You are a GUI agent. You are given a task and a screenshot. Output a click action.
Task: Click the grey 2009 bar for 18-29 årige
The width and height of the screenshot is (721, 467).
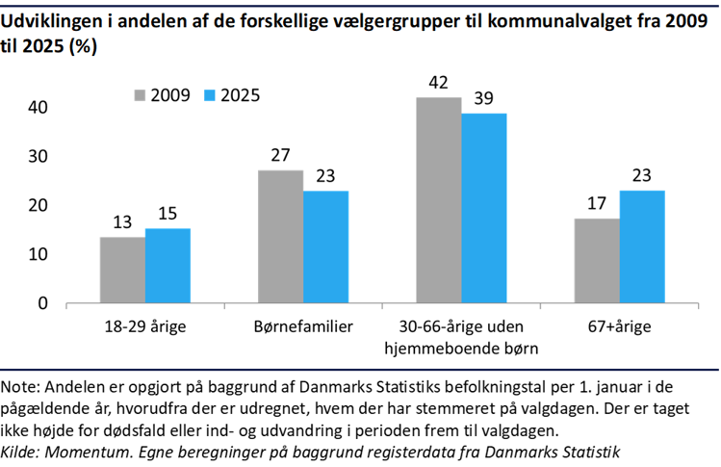pos(122,270)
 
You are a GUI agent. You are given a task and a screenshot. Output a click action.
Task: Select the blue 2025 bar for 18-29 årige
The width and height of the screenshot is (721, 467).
pos(167,266)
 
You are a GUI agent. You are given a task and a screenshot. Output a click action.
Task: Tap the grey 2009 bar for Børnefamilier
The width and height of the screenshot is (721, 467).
pos(280,236)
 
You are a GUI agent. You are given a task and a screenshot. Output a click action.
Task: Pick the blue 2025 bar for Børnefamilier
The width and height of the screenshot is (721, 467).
pos(325,246)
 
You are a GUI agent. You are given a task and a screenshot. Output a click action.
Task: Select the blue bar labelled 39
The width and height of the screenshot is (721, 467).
pos(483,208)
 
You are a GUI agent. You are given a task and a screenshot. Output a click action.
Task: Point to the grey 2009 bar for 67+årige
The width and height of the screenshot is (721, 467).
pos(596,260)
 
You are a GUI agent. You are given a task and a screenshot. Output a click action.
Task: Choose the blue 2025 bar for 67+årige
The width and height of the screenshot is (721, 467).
pos(641,246)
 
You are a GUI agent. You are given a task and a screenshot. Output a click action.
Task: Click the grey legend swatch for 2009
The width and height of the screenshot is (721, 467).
pos(140,95)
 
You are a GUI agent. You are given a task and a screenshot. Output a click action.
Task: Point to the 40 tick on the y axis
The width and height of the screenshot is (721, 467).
pos(37,108)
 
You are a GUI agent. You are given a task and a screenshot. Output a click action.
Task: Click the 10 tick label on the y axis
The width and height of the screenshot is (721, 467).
pos(37,254)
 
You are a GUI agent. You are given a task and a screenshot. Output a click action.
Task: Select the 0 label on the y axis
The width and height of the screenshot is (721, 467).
pos(42,303)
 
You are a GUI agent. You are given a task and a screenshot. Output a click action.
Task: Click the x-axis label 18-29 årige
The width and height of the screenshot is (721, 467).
pos(144,326)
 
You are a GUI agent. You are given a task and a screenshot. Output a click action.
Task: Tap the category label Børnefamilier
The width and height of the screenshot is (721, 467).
pos(303,326)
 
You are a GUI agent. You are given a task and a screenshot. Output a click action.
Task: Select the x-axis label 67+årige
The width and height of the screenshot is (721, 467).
pos(618,326)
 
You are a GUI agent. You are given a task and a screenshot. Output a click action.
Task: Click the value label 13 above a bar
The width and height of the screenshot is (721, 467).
pos(122,222)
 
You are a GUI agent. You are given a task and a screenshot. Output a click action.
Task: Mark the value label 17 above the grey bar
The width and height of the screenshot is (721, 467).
pos(596,204)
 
